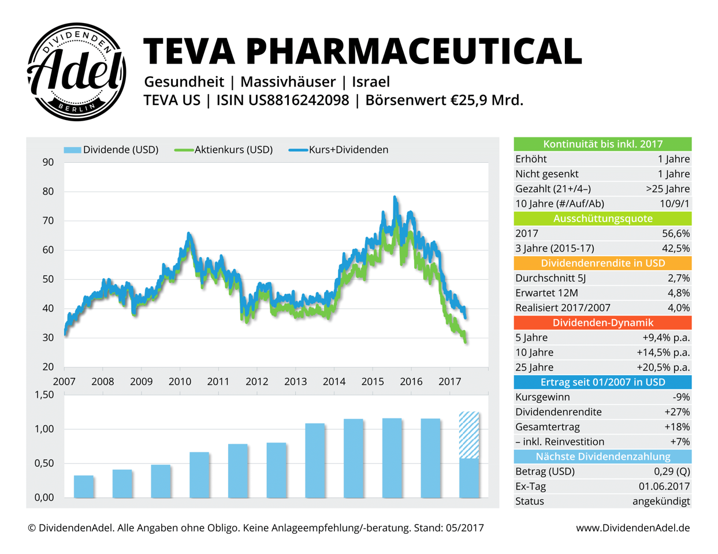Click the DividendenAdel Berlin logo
[77, 72]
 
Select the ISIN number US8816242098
[299, 100]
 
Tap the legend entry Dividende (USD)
[111, 150]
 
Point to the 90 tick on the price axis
[48, 162]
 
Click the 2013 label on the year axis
[295, 381]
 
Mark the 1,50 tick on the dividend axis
[44, 395]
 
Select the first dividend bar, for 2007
[84, 486]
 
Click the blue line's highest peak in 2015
[395, 197]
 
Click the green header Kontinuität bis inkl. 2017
[602, 144]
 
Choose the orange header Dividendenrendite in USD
[602, 263]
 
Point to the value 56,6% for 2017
[676, 234]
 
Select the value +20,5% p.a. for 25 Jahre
[665, 368]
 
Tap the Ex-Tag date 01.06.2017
[664, 486]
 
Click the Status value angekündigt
[661, 501]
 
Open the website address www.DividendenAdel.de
[633, 528]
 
